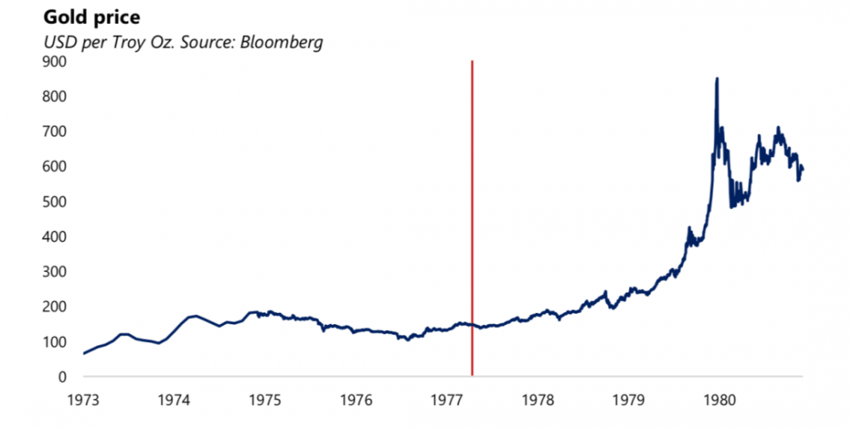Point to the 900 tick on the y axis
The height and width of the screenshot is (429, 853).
(x=55, y=61)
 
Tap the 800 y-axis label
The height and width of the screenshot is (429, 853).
(x=55, y=96)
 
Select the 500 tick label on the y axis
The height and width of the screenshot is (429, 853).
(x=55, y=201)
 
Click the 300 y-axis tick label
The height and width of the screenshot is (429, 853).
(x=55, y=271)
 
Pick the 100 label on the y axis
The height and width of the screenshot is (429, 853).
(x=55, y=341)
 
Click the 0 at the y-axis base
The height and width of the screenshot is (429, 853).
(x=61, y=376)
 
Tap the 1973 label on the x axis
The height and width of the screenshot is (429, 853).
(x=83, y=398)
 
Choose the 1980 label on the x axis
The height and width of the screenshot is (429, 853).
(x=722, y=398)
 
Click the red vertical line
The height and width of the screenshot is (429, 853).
(x=472, y=213)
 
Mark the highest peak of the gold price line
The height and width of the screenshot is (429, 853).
(x=717, y=79)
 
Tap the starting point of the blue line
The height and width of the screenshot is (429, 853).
(x=84, y=353)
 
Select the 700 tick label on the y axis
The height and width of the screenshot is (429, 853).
(x=55, y=131)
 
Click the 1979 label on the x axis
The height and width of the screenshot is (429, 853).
(x=630, y=398)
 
